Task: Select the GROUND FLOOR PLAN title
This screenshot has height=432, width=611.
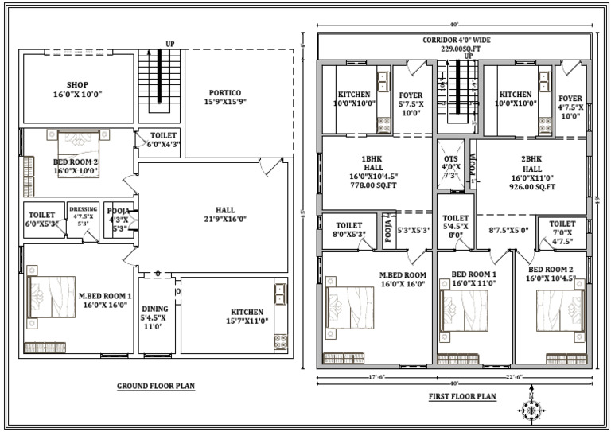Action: pos(156,386)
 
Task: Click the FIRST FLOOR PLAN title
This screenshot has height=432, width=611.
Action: pos(463,395)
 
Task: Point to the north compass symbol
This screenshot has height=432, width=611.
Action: pos(531,408)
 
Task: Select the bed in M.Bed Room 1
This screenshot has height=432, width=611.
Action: pos(51,297)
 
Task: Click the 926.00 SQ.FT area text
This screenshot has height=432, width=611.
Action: pos(527,188)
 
